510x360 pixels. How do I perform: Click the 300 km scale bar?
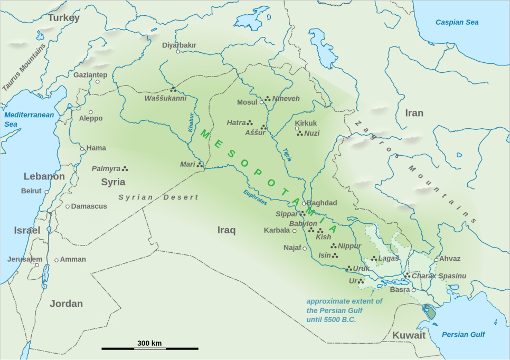[149, 348]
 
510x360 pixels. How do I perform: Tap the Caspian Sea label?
[457, 22]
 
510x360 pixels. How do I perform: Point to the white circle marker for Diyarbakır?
[178, 51]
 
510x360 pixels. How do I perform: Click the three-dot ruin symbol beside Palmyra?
[125, 168]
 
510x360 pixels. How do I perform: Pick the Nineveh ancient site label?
[286, 98]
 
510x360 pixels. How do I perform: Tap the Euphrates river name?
[255, 197]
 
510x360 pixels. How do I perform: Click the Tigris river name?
[286, 154]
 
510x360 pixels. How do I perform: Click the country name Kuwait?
[409, 336]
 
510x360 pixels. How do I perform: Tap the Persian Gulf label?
[463, 334]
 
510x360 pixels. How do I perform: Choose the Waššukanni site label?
[165, 98]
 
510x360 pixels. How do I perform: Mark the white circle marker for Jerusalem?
[37, 264]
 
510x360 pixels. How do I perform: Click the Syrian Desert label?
[158, 197]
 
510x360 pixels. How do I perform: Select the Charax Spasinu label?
[439, 276]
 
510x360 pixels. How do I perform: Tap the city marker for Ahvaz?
[436, 259]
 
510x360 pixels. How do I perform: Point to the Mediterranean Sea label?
[29, 119]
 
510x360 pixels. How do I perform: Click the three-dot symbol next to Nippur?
[333, 245]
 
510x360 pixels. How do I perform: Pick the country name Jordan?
[66, 304]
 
